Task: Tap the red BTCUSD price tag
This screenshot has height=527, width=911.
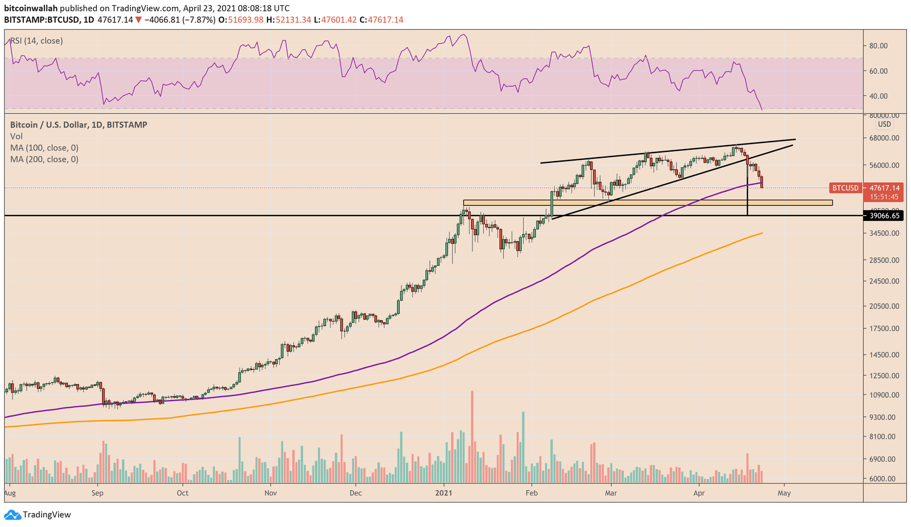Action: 845,188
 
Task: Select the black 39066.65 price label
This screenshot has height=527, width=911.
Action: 884,216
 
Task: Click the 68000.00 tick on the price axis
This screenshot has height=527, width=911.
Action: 884,138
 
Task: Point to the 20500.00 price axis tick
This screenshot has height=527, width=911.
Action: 884,306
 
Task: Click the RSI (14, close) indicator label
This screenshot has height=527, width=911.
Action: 36,41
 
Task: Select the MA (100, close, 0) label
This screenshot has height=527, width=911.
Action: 44,148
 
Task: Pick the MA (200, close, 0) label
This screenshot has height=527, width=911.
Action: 44,159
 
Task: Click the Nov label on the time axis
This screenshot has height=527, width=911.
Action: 270,493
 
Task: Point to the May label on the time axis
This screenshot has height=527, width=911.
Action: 784,493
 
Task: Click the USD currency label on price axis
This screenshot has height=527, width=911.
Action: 884,124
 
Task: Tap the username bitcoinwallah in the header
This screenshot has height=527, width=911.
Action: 31,9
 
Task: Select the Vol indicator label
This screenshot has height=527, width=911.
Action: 17,137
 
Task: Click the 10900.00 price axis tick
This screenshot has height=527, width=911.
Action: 884,395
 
